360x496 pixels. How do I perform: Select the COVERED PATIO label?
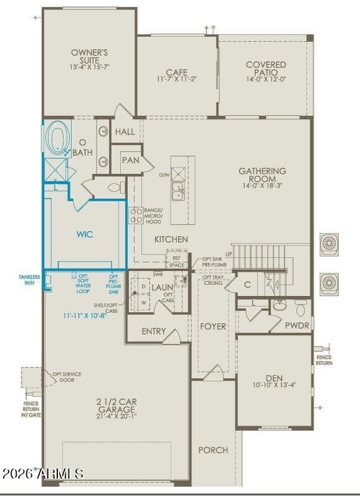click(x=266, y=69)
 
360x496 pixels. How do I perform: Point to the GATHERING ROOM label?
click(x=262, y=174)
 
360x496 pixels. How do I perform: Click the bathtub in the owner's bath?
click(x=59, y=140)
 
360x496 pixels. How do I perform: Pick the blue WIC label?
click(x=85, y=235)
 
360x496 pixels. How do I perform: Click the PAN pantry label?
click(x=131, y=160)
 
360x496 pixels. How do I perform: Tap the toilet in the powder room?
click(x=301, y=306)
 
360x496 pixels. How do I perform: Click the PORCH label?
click(x=213, y=450)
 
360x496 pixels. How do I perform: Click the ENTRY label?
click(x=154, y=331)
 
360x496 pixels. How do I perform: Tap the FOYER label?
click(x=213, y=326)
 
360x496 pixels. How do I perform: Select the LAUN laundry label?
click(x=163, y=287)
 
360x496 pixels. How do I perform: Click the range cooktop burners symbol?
click(x=136, y=215)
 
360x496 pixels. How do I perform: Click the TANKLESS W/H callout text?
click(x=29, y=280)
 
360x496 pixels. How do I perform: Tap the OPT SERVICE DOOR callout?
click(x=67, y=377)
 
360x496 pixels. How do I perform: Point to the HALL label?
click(x=125, y=132)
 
